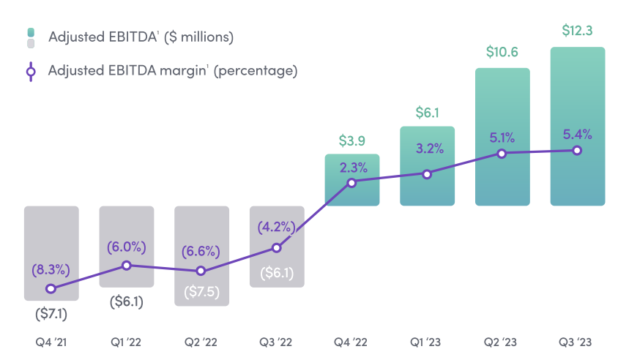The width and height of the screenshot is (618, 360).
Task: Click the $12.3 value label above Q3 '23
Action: pos(577,31)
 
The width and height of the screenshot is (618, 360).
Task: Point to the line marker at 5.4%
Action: pos(577,150)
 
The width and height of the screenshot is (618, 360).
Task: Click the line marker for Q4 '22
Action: pos(352,182)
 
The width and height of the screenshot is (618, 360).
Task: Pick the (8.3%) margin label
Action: pos(51,269)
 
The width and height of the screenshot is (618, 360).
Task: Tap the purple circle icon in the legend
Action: pos(30,72)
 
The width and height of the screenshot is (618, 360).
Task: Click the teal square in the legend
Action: pos(30,32)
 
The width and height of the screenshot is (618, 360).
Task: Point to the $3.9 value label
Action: pos(352,140)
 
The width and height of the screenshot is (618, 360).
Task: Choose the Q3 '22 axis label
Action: pos(277,342)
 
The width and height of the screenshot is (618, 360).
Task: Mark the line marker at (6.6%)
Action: pos(201,271)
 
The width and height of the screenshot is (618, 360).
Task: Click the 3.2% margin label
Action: pos(428,149)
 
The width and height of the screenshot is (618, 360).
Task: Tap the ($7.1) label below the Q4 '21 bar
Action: pos(51,315)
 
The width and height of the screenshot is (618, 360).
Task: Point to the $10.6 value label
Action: pos(502,52)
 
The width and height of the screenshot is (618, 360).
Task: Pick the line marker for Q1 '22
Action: pos(127,265)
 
